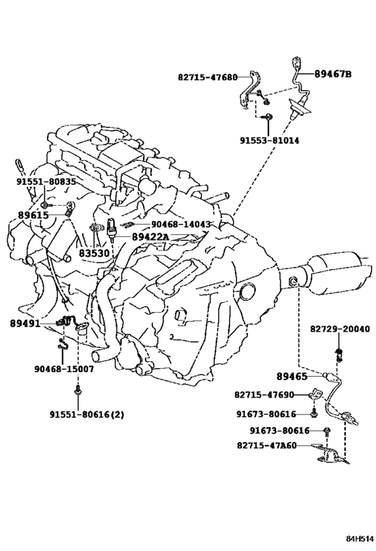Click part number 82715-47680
pos(207,77)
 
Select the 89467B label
pos(332,74)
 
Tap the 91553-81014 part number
pos(269,141)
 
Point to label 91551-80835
pos(46,182)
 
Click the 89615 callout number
pos(33,215)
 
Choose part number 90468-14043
pos(181,224)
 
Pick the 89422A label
pos(150,237)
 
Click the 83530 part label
pos(94,253)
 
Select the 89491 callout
pos(25,324)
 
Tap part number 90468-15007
pos(64,369)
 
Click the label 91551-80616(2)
pos(87,414)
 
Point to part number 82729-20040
pos(340,329)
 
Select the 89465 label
pos(292,376)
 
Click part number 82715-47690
pos(264,395)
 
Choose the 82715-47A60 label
pos(267,445)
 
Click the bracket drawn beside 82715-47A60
pos(330,455)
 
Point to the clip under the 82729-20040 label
pos(339,355)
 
